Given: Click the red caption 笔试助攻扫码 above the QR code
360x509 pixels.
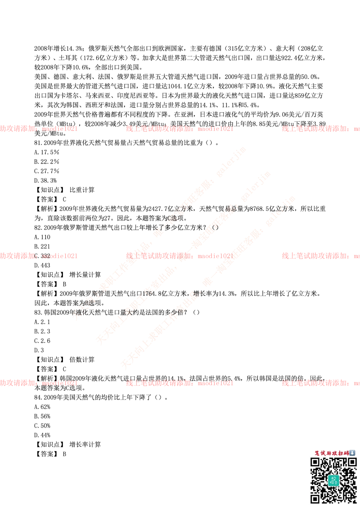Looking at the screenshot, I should [x=331, y=453].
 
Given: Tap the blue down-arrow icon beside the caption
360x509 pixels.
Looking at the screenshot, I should [x=352, y=453].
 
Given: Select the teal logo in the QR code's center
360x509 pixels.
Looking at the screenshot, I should [x=333, y=481].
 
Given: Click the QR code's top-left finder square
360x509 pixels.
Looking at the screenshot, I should [x=315, y=463].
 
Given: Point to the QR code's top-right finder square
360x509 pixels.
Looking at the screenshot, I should [x=351, y=463].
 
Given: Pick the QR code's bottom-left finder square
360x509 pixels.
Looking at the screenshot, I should [x=315, y=499].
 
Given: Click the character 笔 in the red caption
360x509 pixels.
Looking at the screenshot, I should [x=318, y=453].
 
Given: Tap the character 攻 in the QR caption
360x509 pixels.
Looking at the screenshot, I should [x=336, y=453].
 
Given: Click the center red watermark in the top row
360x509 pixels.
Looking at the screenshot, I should [x=179, y=129].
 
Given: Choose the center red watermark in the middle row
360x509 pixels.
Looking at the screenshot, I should [x=179, y=256].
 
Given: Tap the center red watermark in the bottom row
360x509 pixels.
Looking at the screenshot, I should [x=179, y=383].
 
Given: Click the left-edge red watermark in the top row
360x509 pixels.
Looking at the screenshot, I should [x=39, y=129].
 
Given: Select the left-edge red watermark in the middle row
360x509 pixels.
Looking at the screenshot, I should [x=39, y=256].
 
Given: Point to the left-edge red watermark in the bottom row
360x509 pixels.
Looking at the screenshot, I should [x=39, y=383].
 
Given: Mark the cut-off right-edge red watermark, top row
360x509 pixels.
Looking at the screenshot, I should [x=320, y=129].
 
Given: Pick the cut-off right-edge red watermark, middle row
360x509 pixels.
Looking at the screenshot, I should [x=320, y=256].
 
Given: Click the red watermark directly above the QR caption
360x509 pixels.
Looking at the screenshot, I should [x=320, y=383].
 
